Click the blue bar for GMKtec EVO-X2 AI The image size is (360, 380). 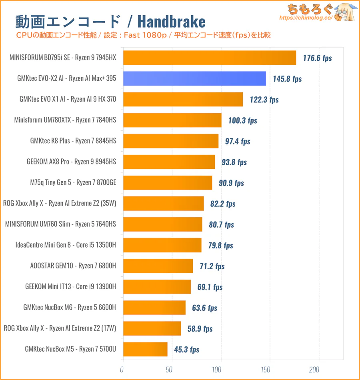[x=194, y=78]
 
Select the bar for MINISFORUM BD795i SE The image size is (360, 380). [x=210, y=58]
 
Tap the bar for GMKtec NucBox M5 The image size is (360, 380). [x=145, y=349]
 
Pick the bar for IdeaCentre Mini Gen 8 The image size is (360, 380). [x=162, y=245]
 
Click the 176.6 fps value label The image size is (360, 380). [x=317, y=58]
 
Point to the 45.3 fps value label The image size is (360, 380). [x=186, y=350]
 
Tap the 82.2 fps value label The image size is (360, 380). [x=223, y=204]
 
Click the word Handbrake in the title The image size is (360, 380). [x=173, y=22]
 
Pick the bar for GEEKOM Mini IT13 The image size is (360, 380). [x=157, y=287]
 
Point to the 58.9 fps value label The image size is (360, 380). [x=200, y=329]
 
